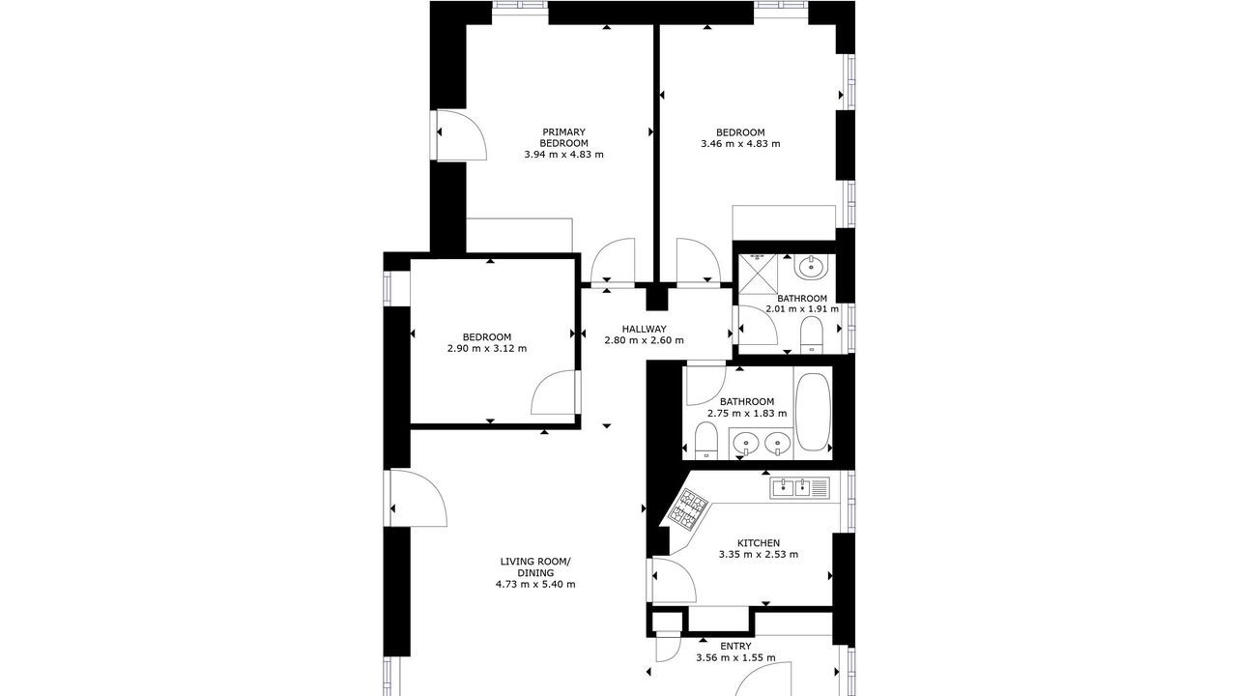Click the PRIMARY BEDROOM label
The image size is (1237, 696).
[563, 137]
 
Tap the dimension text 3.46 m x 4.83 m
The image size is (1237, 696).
[740, 144]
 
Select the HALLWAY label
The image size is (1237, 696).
[644, 330]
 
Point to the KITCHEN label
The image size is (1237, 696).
[759, 543]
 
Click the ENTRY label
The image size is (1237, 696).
[735, 647]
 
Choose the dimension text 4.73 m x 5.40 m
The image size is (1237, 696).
[535, 585]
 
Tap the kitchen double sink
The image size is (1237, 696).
[799, 488]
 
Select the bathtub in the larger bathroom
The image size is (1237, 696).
[813, 412]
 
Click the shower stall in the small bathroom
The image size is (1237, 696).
[758, 274]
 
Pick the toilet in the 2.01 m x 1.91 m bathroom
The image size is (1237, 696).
[811, 335]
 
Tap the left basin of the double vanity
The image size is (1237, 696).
[746, 443]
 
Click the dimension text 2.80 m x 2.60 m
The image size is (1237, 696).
[644, 340]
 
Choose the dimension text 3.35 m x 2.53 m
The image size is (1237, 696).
[759, 554]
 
